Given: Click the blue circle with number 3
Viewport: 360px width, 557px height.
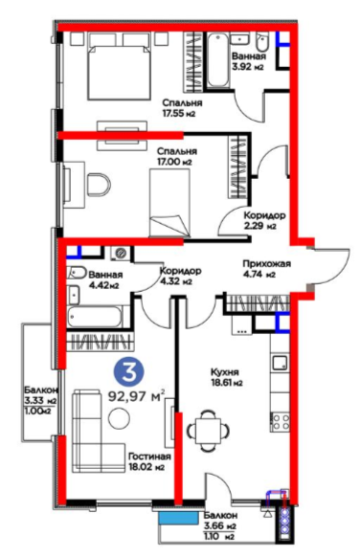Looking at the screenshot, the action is (128, 372).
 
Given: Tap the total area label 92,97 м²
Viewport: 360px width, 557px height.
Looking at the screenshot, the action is (137, 395).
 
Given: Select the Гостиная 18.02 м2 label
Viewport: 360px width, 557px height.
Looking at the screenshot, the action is (149, 461).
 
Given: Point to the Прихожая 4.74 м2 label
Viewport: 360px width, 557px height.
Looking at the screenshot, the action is (266, 269).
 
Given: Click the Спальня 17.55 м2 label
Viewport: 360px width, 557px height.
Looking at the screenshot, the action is (182, 108).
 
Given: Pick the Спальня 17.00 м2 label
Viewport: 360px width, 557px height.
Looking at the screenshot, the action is (177, 157).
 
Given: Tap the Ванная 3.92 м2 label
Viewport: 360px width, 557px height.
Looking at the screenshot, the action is (249, 61).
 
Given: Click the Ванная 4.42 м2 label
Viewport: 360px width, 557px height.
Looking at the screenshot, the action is (105, 279).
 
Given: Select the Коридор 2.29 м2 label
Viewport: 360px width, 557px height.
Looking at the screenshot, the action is (264, 220).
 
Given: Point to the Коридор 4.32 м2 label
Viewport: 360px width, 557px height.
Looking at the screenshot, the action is (181, 276).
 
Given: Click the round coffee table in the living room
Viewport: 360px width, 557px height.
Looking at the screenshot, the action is (119, 418).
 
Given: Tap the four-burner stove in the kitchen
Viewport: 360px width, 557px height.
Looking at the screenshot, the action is (281, 422).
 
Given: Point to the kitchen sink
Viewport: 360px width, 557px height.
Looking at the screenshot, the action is (281, 363).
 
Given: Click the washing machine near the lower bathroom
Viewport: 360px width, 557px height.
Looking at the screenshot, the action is (121, 254).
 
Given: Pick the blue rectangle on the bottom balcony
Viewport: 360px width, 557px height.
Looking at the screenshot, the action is (178, 519).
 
